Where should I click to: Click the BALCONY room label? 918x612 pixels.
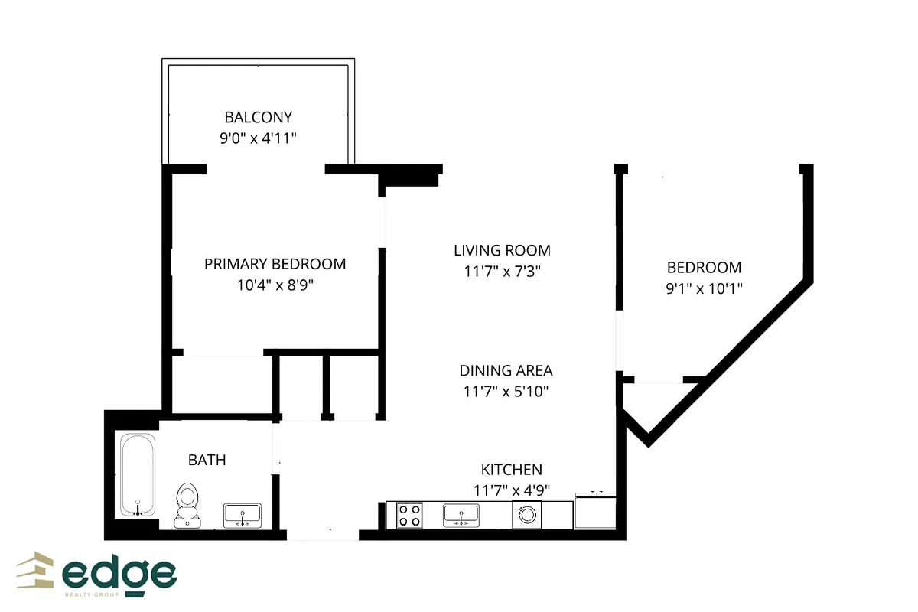[x=258, y=117]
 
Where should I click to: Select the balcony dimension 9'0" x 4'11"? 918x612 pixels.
[x=258, y=138]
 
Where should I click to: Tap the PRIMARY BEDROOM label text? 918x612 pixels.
[x=275, y=264]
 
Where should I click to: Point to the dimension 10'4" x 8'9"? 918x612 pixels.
[x=275, y=285]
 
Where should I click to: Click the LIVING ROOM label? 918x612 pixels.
[x=502, y=250]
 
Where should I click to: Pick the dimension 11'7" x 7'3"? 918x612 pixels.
[x=502, y=271]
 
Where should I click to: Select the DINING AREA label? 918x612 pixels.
[x=506, y=370]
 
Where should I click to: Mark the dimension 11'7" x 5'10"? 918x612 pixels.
[x=506, y=392]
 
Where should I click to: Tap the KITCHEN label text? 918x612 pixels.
[x=511, y=470]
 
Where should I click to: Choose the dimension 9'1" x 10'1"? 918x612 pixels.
[x=704, y=288]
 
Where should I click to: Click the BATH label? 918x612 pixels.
[x=207, y=460]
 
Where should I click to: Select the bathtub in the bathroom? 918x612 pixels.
[x=138, y=475]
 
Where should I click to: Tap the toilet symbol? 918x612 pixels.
[x=187, y=505]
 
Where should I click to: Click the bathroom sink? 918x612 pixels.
[x=242, y=515]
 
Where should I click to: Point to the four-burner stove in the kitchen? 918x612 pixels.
[x=409, y=515]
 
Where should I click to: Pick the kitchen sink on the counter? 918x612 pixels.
[x=461, y=515]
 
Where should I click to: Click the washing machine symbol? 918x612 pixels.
[x=527, y=515]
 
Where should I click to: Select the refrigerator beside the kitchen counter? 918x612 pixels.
[x=595, y=509]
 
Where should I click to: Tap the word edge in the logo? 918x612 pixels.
[x=119, y=574]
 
